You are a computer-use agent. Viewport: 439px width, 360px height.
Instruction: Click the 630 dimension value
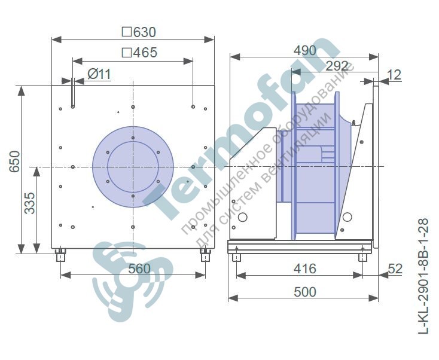pyautogui.click(x=145, y=32)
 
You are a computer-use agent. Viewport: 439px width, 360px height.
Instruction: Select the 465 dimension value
pyautogui.click(x=145, y=53)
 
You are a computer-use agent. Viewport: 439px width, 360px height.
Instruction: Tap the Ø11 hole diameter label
pyautogui.click(x=99, y=75)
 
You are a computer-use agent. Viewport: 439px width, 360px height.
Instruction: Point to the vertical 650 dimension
pyautogui.click(x=15, y=161)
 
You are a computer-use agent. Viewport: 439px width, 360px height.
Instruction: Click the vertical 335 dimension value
pyautogui.click(x=30, y=203)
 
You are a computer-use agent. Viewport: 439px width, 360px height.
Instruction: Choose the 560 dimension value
pyautogui.click(x=139, y=269)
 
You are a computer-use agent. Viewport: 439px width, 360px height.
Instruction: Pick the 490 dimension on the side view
pyautogui.click(x=305, y=51)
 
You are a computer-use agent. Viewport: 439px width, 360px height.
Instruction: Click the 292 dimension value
pyautogui.click(x=337, y=66)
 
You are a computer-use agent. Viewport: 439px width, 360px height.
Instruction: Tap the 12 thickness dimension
pyautogui.click(x=395, y=75)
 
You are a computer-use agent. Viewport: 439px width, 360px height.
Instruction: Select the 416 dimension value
pyautogui.click(x=305, y=269)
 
